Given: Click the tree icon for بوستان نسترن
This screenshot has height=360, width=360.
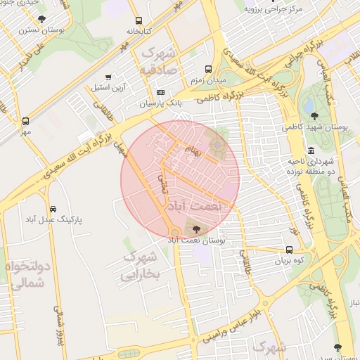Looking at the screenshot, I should (42, 19).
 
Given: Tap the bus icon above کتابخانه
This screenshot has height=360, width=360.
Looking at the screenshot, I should (139, 20).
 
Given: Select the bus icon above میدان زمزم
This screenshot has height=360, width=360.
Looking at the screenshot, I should (208, 69).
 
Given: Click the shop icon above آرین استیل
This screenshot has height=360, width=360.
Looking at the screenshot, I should (108, 77).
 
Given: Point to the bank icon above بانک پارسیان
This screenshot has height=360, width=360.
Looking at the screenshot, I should (161, 92).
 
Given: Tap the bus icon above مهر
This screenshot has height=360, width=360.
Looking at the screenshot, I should (26, 121).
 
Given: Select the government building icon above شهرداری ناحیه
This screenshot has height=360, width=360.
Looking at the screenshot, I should (311, 150).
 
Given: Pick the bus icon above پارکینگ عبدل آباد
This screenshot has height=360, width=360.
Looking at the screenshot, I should (53, 209).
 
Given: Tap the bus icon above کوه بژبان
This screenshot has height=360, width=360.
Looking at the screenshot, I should (289, 250).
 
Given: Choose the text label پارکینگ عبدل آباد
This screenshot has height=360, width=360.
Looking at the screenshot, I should (53, 219).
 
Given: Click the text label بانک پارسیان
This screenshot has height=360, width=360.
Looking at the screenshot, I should (160, 103).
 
